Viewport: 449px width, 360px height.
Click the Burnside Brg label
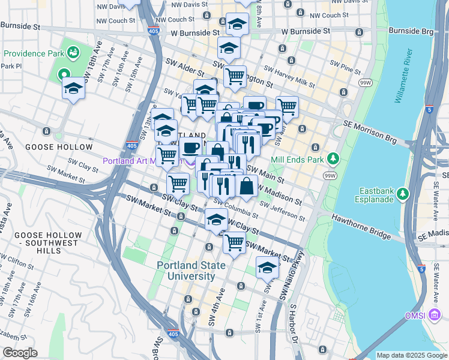[x=411, y=30]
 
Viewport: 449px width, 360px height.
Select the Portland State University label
[x=191, y=271]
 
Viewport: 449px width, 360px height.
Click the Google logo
[x=20, y=353]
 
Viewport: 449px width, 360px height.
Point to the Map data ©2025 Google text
[x=412, y=355]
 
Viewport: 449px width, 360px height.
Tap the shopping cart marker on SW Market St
[x=234, y=242]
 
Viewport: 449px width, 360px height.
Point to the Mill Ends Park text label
[x=298, y=160]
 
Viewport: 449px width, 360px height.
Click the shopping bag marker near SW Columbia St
[x=247, y=185]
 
